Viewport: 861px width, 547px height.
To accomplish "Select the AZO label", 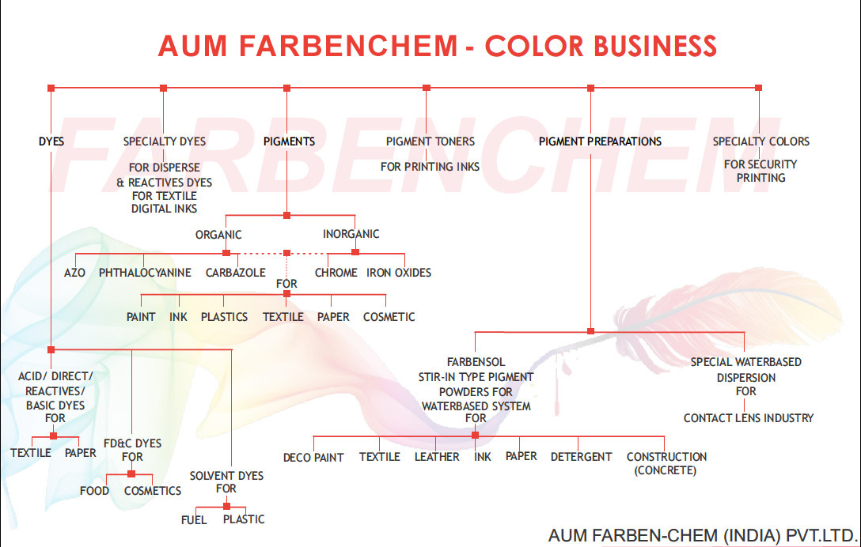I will click(75, 273).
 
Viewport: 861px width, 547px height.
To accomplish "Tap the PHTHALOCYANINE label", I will click(145, 273).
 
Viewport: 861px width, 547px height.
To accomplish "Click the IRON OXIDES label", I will click(399, 273).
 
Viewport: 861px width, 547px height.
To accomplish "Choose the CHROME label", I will click(336, 273).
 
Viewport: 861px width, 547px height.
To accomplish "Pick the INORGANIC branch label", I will click(351, 234).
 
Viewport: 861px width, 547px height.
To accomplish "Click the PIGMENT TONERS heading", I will click(430, 141).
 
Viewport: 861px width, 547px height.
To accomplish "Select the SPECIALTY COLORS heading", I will click(760, 141).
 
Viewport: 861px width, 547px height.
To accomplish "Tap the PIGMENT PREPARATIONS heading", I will click(600, 141).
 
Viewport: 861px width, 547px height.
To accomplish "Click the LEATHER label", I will click(437, 457).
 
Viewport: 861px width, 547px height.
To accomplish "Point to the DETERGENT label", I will click(581, 457).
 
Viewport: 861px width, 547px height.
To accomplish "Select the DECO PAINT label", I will click(313, 458).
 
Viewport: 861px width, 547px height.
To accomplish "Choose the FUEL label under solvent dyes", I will click(194, 519).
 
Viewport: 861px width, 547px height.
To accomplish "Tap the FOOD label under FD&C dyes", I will click(94, 491).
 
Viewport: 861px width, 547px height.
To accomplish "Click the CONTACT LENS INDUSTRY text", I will click(749, 417).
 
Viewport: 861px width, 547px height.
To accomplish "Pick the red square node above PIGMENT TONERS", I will click(427, 88).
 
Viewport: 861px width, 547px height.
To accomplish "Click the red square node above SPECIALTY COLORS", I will click(759, 88).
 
